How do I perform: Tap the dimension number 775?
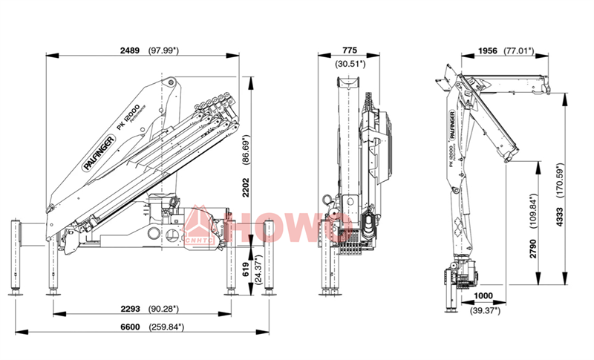(x=350, y=50)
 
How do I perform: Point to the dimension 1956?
(x=487, y=50)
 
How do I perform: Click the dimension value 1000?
(x=483, y=295)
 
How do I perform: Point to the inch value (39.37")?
(x=483, y=310)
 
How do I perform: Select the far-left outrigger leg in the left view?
(x=15, y=256)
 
